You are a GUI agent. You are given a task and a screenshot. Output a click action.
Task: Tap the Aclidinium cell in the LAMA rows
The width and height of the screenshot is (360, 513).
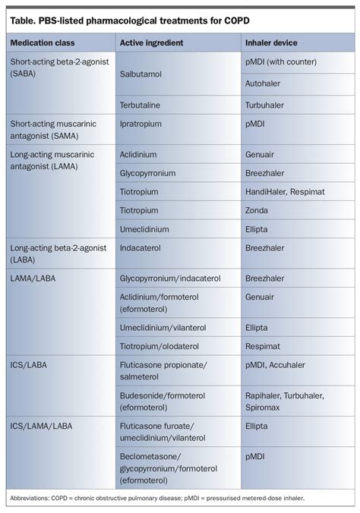pyautogui.click(x=143, y=154)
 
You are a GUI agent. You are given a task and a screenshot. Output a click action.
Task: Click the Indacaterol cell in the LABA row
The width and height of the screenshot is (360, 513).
pyautogui.click(x=145, y=247)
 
